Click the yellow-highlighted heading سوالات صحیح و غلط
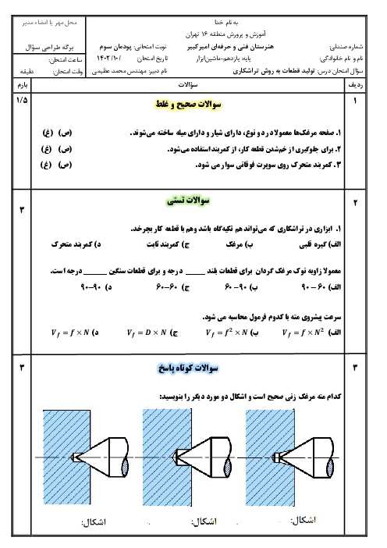[x=188, y=104]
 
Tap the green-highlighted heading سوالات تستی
[x=188, y=201]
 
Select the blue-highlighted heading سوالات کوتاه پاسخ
[x=188, y=368]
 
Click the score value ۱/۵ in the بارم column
[x=22, y=100]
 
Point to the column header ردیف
[x=355, y=84]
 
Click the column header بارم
[x=23, y=85]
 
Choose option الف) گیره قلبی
[x=320, y=244]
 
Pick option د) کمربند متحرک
[x=76, y=244]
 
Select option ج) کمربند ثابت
[x=168, y=244]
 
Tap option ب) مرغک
[x=240, y=244]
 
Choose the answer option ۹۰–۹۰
[x=96, y=287]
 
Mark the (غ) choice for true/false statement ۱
[x=48, y=133]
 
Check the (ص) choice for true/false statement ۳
[x=65, y=165]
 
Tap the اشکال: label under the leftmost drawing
[x=94, y=522]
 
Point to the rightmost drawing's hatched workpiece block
[x=270, y=457]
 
